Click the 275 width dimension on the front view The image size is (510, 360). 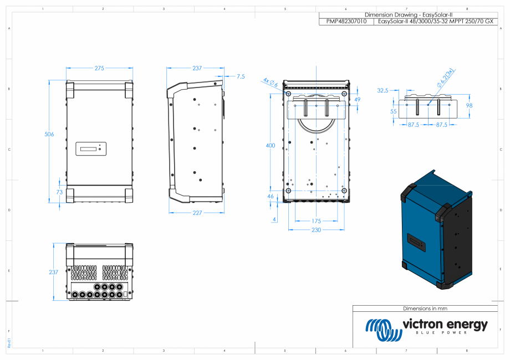pos(99,69)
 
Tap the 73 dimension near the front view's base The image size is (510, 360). pos(59,192)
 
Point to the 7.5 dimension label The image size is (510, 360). pos(240,76)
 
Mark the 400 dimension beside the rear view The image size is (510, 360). pos(270,146)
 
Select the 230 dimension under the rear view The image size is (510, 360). pos(315,229)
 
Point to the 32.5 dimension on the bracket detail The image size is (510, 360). pos(382,90)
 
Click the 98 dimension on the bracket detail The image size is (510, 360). pos(469,105)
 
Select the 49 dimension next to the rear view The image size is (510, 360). pos(357,100)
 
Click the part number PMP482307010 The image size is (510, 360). pos(346,22)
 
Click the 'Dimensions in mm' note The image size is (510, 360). pos(425,308)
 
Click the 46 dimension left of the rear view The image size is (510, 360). pos(271,197)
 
